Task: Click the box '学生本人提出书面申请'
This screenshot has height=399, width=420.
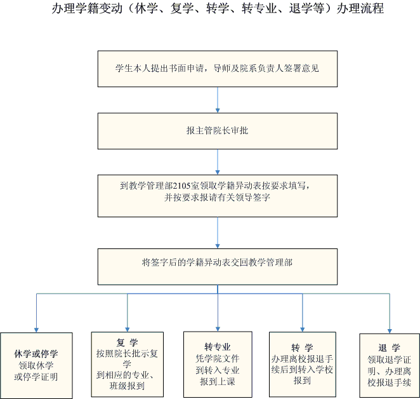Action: click(x=218, y=67)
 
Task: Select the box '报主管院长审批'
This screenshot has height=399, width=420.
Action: click(x=218, y=130)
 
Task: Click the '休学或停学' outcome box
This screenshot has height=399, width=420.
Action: click(x=36, y=365)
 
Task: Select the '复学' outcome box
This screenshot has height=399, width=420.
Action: click(x=127, y=363)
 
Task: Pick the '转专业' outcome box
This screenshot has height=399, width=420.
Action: click(x=218, y=363)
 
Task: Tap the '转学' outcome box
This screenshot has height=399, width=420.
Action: click(x=302, y=363)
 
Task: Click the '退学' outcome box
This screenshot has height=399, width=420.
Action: click(x=388, y=365)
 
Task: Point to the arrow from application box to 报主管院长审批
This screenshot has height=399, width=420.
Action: click(x=218, y=99)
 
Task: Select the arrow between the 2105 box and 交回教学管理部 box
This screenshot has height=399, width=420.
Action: click(x=218, y=233)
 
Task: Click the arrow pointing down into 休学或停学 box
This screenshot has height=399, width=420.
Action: click(x=36, y=314)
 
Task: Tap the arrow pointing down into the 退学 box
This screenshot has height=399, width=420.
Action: click(x=388, y=314)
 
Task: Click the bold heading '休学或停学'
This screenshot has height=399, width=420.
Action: click(x=36, y=354)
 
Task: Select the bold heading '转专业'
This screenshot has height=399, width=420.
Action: click(x=217, y=347)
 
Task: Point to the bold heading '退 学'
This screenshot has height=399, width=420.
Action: click(x=388, y=348)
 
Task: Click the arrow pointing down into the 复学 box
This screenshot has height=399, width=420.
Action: click(x=128, y=314)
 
